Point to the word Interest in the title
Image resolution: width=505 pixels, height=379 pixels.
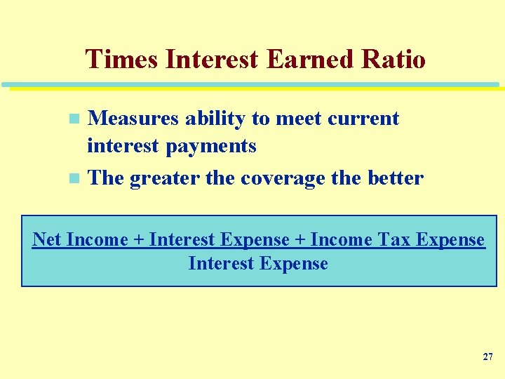[212, 60]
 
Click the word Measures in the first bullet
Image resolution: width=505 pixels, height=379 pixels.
[133, 119]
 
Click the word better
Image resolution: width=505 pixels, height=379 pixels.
[395, 178]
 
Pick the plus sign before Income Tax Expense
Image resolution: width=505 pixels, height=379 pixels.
[299, 240]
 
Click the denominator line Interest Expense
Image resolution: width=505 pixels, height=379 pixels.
[258, 264]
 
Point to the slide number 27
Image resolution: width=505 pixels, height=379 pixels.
[487, 357]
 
